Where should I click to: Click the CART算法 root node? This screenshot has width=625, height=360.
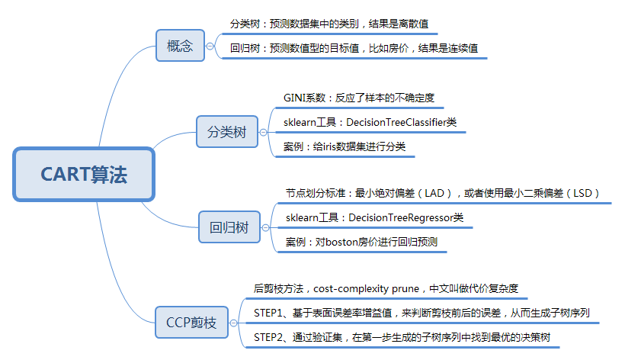click(84, 175)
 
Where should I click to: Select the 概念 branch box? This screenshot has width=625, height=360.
click(180, 47)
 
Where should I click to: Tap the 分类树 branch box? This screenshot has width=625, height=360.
click(227, 132)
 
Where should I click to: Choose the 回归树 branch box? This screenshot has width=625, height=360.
click(229, 227)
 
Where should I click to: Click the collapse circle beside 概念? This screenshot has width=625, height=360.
click(210, 47)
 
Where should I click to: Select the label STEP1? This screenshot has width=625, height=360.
click(269, 313)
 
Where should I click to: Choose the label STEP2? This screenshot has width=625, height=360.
click(269, 336)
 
